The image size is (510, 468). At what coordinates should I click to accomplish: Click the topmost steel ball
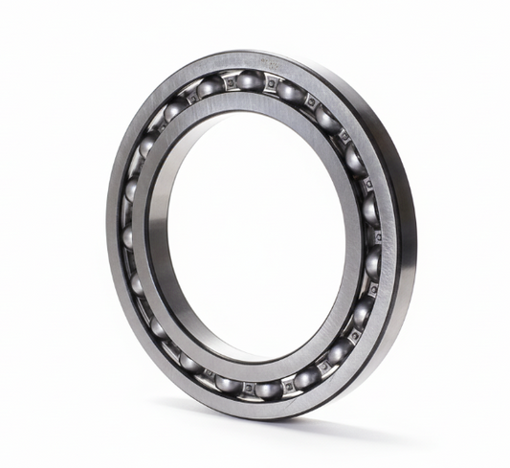pos(247,83)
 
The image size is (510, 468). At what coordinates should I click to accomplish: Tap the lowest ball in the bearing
pos(266,388)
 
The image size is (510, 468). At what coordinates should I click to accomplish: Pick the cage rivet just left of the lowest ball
pos(248,388)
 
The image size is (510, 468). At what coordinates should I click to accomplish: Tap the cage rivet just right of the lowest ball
pos(287,386)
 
